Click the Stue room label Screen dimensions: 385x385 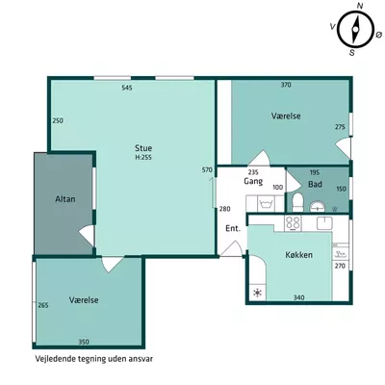click(143, 148)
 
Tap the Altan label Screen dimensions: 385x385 click(65, 199)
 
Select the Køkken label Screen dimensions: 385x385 click(298, 255)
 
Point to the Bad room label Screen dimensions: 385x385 click(315, 185)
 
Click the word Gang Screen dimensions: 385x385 click(253, 182)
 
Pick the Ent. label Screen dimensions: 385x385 click(233, 228)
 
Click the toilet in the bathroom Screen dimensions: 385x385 click(298, 202)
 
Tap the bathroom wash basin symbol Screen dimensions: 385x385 click(318, 207)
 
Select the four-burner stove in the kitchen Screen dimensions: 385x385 click(293, 223)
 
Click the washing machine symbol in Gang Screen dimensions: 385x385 click(267, 204)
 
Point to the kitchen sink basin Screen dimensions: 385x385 click(324, 223)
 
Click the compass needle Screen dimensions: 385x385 click(355, 30)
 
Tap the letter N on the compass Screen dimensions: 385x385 click(360, 6)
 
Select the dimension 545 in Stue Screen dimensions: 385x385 click(127, 88)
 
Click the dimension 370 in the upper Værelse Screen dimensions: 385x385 click(286, 85)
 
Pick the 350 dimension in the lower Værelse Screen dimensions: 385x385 click(84, 342)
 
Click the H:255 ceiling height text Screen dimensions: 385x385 click(143, 158)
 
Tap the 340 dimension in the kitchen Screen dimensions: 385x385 click(298, 297)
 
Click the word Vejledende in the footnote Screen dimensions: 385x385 click(56, 359)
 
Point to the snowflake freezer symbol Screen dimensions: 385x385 click(257, 293)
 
